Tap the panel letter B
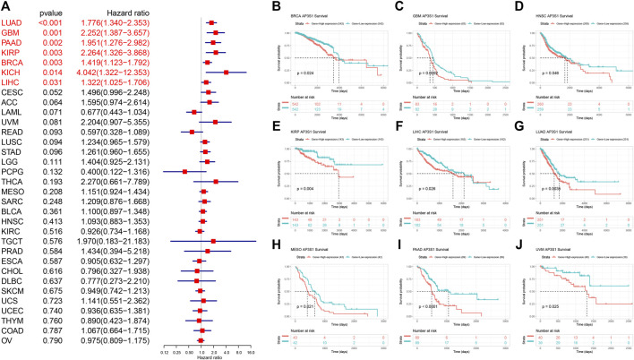278,5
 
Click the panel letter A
5,7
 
